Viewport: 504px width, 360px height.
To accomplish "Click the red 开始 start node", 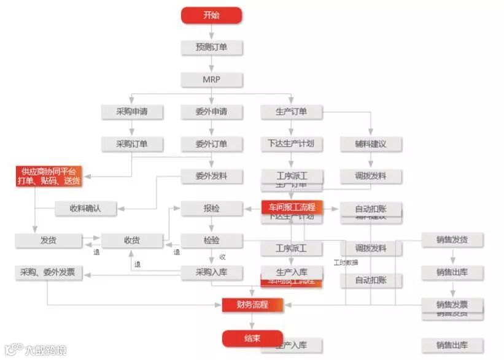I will tap(211, 15).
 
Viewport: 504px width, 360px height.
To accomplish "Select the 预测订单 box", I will tap(211, 47).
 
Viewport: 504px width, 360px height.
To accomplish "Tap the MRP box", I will tap(211, 80).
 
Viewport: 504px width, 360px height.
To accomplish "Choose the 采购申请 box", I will tap(131, 112).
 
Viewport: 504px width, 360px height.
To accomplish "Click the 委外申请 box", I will tap(211, 112).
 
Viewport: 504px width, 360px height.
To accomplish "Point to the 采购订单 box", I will tap(131, 144).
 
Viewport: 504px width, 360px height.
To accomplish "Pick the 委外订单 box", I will tap(211, 144).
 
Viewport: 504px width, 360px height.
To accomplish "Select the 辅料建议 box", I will tap(371, 144).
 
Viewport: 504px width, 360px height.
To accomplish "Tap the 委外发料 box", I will tap(211, 176).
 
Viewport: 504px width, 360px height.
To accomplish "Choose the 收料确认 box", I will tap(85, 209).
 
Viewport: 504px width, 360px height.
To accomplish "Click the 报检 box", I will tap(211, 209).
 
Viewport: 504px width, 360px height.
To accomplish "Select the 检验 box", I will tap(211, 240).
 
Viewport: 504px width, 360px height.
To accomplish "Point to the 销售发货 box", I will tap(452, 240).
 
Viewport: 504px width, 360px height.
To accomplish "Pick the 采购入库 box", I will tap(211, 272).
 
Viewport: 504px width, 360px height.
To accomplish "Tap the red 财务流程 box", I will tap(253, 304).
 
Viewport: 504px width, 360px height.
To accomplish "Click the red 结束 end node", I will tap(252, 338).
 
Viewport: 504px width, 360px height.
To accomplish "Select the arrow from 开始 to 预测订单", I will tap(211, 32).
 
